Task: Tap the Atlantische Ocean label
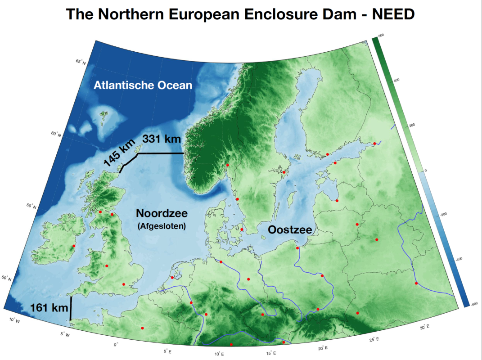coord(143,85)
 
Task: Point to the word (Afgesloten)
coord(162,227)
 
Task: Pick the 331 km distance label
coord(162,139)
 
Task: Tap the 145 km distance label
coord(119,153)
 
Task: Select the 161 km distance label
coord(49,308)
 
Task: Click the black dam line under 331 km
coord(160,154)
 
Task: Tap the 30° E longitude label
coord(424,328)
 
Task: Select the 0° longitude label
coord(116,344)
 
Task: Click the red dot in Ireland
coord(73,246)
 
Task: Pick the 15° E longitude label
coord(270,354)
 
